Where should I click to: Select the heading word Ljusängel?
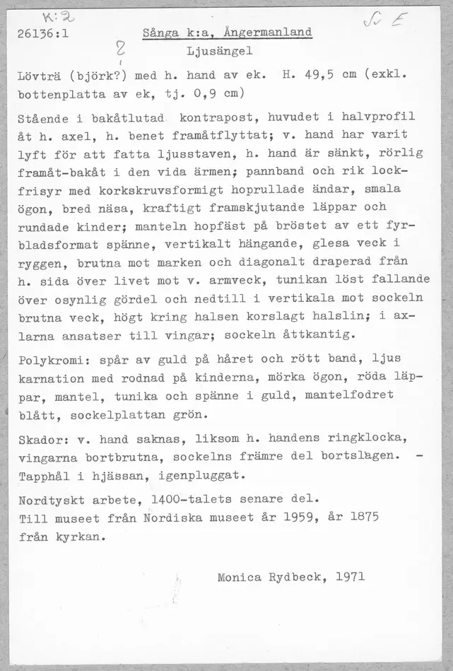point(220,52)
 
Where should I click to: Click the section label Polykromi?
point(49,359)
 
